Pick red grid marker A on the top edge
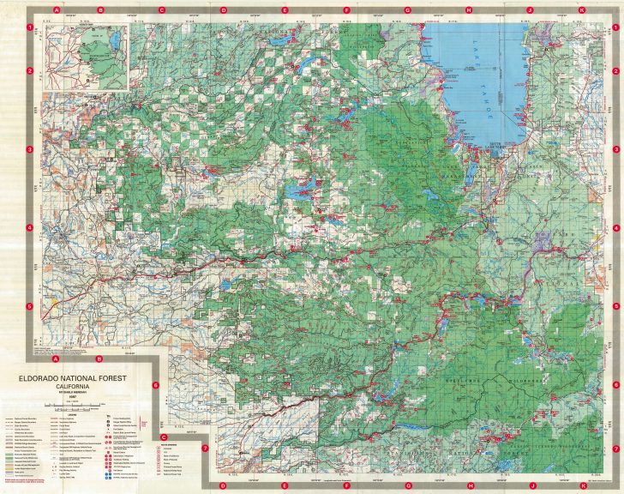pyautogui.click(x=57, y=10)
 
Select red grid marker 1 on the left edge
pyautogui.click(x=29, y=27)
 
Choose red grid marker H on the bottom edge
pyautogui.click(x=469, y=485)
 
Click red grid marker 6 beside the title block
pyautogui.click(x=156, y=385)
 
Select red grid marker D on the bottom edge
pyautogui.click(x=223, y=485)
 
